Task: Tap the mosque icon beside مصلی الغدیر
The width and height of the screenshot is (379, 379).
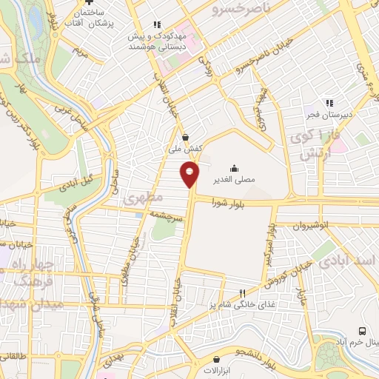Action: point(234,168)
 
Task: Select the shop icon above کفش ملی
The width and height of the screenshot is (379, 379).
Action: point(184,136)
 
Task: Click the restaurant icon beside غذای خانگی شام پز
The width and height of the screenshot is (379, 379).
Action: point(241,294)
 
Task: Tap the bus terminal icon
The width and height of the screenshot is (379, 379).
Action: point(362,331)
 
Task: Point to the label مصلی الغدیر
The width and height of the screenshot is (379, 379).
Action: point(234,180)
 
